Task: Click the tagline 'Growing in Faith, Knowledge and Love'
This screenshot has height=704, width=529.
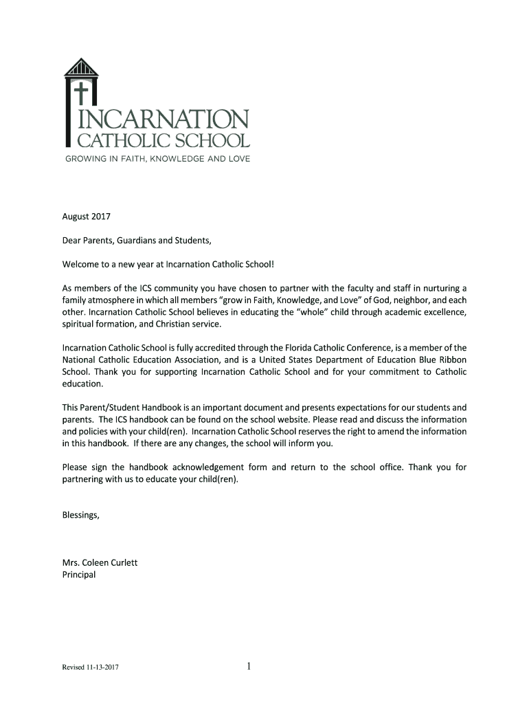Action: click(x=157, y=159)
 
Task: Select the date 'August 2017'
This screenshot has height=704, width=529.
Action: click(x=87, y=217)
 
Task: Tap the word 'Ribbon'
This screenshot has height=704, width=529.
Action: click(x=451, y=360)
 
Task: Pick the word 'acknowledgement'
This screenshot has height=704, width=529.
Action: click(x=219, y=467)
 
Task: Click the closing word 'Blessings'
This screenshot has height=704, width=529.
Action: click(x=80, y=515)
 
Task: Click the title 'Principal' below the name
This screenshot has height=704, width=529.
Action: click(x=79, y=575)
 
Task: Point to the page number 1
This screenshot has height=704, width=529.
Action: click(x=249, y=665)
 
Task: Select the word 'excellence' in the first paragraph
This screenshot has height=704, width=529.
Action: click(x=443, y=312)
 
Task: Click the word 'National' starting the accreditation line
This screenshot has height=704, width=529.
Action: click(x=80, y=360)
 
